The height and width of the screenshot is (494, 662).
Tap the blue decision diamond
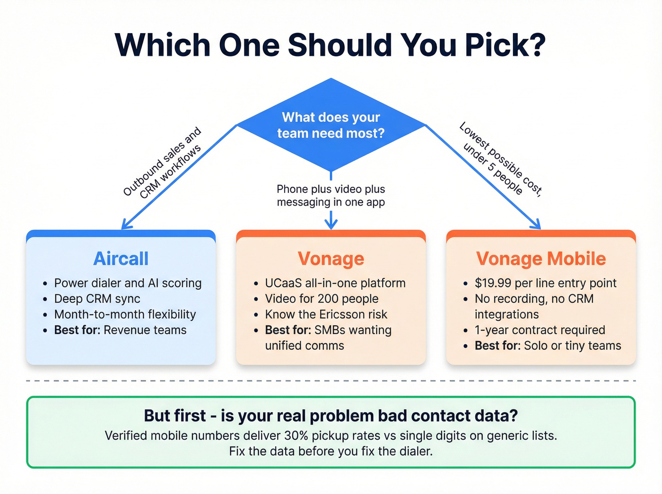[331, 125]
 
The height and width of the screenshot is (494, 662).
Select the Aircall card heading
[121, 259]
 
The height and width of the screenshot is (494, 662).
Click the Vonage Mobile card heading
[541, 259]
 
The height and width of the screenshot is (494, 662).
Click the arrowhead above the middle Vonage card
[331, 223]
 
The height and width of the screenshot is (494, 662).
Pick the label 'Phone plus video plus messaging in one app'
[331, 196]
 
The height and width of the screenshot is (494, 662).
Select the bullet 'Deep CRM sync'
[97, 299]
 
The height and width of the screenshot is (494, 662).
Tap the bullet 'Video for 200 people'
[322, 299]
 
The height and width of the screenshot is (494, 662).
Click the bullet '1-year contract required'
[540, 330]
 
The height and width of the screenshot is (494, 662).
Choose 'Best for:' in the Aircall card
[77, 330]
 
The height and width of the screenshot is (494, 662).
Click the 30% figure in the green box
[296, 435]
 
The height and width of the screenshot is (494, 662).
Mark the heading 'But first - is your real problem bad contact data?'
[331, 416]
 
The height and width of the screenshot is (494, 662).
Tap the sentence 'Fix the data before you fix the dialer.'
[331, 451]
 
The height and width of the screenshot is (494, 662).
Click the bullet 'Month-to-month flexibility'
[125, 314]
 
